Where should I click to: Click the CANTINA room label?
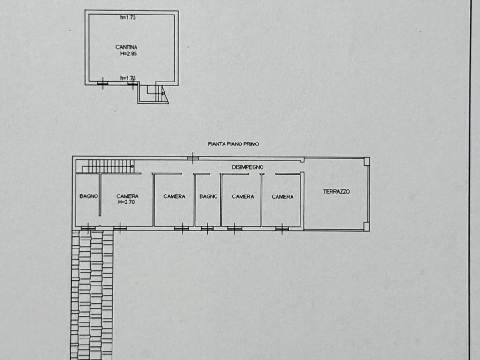click(127, 47)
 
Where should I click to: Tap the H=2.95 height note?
click(128, 54)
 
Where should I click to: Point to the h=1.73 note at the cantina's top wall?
click(128, 17)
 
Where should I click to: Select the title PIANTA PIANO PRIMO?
click(233, 144)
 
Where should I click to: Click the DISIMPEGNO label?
click(247, 167)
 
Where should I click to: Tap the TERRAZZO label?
click(337, 192)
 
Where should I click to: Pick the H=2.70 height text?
click(127, 202)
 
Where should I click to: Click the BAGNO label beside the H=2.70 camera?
click(89, 196)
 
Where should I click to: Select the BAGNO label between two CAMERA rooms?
click(209, 196)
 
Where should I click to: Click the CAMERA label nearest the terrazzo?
click(283, 196)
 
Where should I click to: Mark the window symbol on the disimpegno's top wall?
click(193, 158)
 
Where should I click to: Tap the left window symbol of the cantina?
click(103, 83)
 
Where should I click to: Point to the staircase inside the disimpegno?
click(108, 166)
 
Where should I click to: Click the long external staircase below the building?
click(92, 294)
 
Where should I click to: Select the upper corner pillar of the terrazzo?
click(367, 162)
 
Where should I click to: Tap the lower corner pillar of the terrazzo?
click(367, 226)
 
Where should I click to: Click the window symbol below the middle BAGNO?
click(207, 228)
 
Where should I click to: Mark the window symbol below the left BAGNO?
click(88, 228)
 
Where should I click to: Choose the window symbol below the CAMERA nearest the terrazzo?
click(282, 229)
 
